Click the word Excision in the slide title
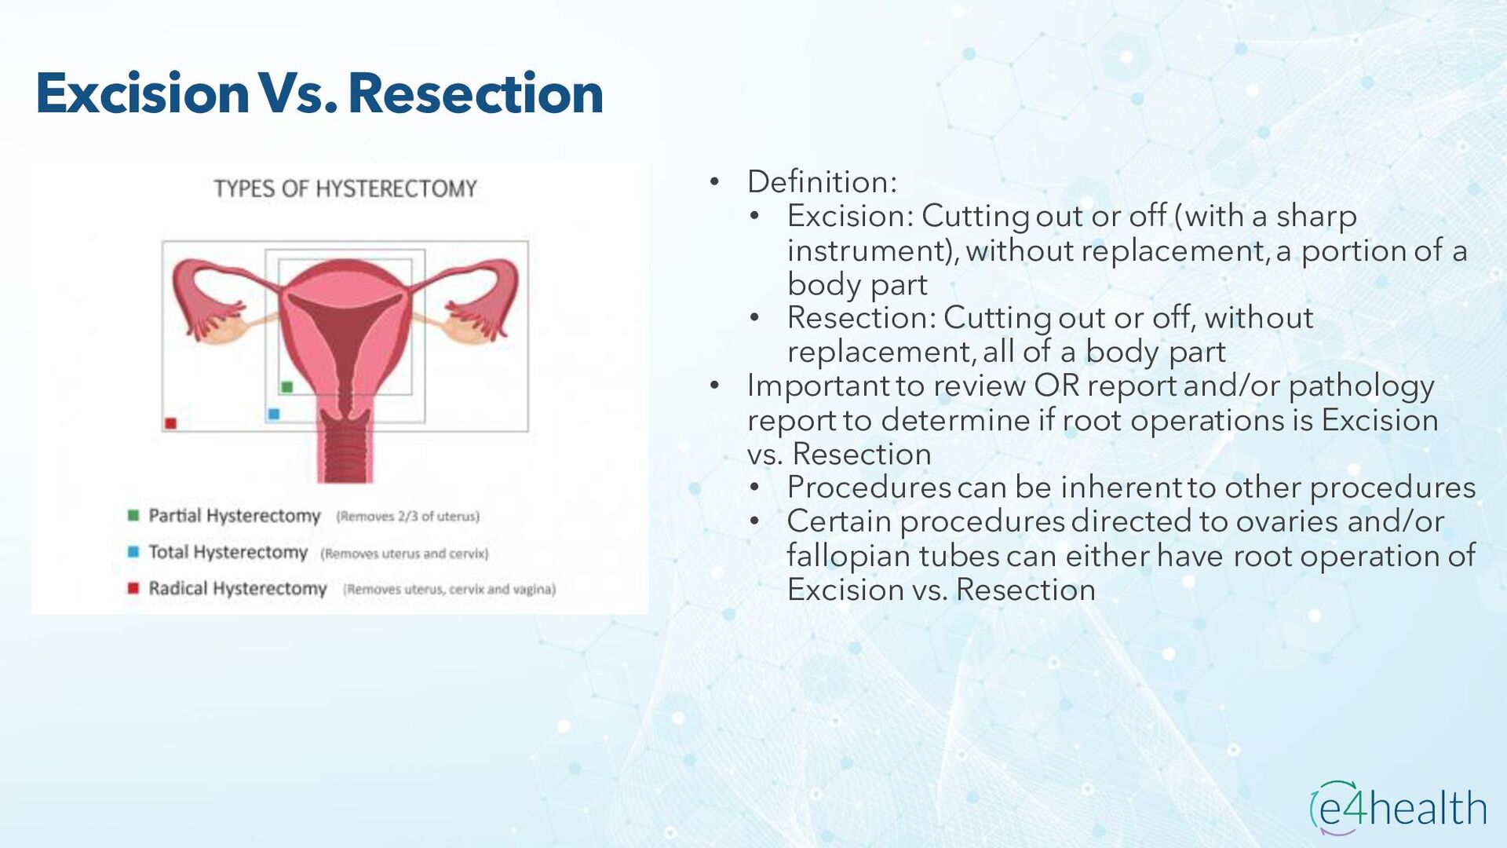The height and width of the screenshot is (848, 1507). pos(143,93)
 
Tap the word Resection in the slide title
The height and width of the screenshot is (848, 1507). pos(476,93)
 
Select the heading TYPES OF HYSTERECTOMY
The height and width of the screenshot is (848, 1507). pos(345,189)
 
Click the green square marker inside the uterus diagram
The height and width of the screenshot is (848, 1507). pos(287,387)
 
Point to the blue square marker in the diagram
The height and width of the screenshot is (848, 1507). pos(273,414)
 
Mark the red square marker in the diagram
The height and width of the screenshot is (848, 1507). pos(170,423)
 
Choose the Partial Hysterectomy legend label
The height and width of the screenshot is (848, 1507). pos(235,516)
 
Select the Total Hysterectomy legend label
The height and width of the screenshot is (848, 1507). pos(228,553)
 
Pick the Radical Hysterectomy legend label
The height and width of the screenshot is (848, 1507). pos(238,589)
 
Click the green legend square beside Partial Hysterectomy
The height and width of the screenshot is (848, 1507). pos(133,515)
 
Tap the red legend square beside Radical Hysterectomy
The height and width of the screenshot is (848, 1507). pos(133,588)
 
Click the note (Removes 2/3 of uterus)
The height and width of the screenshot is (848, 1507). pos(408,517)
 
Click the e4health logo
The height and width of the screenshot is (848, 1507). pos(1399,808)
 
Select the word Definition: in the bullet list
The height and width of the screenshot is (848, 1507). pos(822,182)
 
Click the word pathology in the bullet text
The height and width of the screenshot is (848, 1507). pos(1361,387)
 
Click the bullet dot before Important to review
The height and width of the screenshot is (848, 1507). pos(714,386)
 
